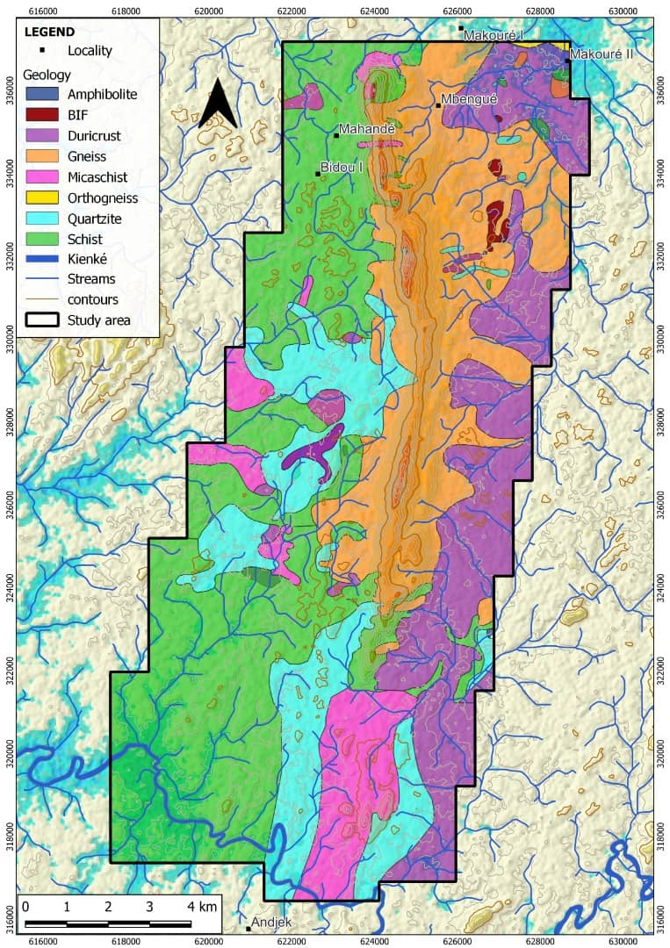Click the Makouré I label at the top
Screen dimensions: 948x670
tap(493, 35)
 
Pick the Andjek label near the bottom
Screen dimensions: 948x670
tap(271, 922)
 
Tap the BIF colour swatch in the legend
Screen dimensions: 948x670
tap(42, 115)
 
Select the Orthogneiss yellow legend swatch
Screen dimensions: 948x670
tap(42, 197)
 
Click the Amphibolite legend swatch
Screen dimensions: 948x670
tap(42, 94)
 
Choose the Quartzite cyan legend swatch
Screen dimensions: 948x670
tap(42, 219)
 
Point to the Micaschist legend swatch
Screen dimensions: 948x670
tap(42, 177)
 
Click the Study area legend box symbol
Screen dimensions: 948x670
tap(42, 320)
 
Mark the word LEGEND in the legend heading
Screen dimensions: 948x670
tap(50, 32)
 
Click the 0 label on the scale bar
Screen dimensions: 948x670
tap(25, 906)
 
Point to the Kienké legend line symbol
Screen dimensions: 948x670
tap(42, 260)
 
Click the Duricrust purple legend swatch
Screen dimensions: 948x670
tap(42, 136)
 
